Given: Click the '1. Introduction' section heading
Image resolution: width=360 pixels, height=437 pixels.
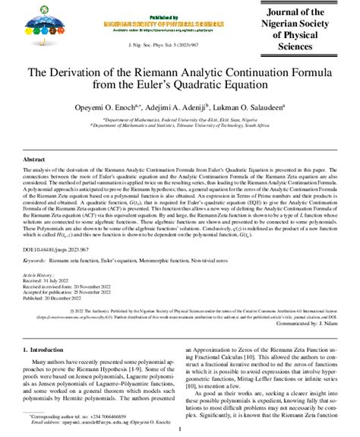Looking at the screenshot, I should (51, 352).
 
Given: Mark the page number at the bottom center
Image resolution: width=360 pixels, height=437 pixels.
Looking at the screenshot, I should (179, 429).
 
